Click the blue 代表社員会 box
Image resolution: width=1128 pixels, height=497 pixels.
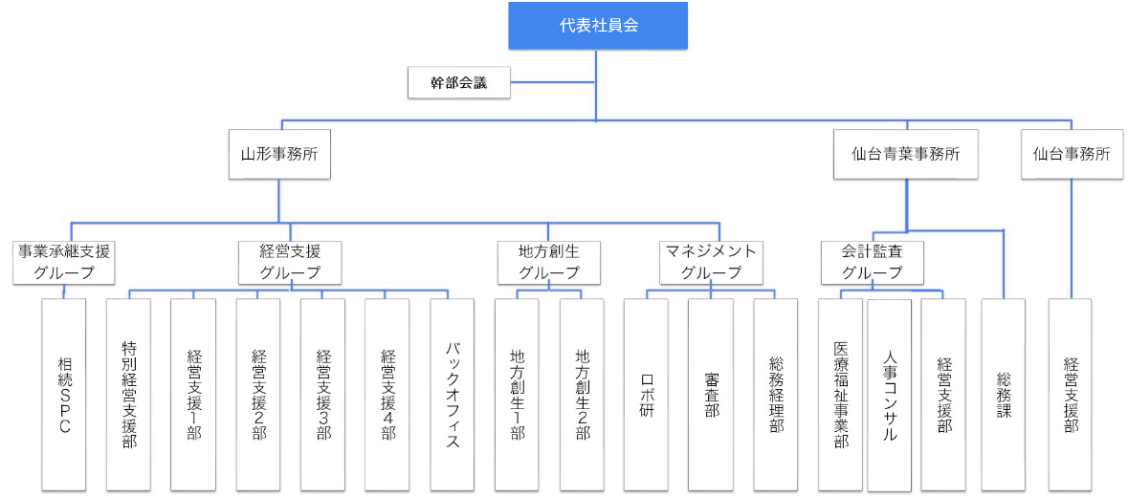pyautogui.click(x=598, y=26)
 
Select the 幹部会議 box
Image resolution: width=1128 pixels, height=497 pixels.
pyautogui.click(x=459, y=82)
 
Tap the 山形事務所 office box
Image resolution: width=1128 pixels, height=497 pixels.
pyautogui.click(x=279, y=155)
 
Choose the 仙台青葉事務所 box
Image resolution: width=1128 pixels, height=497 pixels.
pyautogui.click(x=906, y=155)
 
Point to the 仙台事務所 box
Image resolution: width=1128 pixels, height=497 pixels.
pyautogui.click(x=1072, y=155)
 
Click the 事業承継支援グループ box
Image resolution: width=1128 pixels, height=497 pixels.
pyautogui.click(x=64, y=262)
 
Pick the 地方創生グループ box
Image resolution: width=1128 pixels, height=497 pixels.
pyautogui.click(x=548, y=262)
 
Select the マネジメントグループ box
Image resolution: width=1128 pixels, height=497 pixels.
pyautogui.click(x=711, y=262)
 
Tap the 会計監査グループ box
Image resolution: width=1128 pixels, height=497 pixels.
pyautogui.click(x=873, y=262)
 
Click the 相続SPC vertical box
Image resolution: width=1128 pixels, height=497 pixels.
pyautogui.click(x=64, y=395)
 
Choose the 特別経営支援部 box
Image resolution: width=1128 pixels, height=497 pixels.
pyautogui.click(x=129, y=395)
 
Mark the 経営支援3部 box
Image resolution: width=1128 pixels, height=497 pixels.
pyautogui.click(x=323, y=395)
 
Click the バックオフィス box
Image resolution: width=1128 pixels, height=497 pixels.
pyautogui.click(x=453, y=395)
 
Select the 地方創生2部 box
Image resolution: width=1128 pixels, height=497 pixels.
pyautogui.click(x=582, y=395)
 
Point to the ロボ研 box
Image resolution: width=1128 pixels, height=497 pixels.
pyautogui.click(x=646, y=395)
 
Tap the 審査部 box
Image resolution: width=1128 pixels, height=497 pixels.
pyautogui.click(x=711, y=395)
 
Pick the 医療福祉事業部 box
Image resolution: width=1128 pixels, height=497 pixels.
pyautogui.click(x=840, y=395)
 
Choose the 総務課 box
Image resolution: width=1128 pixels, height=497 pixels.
pyautogui.click(x=1004, y=395)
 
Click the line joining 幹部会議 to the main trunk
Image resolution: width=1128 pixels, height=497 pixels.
pyautogui.click(x=553, y=82)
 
